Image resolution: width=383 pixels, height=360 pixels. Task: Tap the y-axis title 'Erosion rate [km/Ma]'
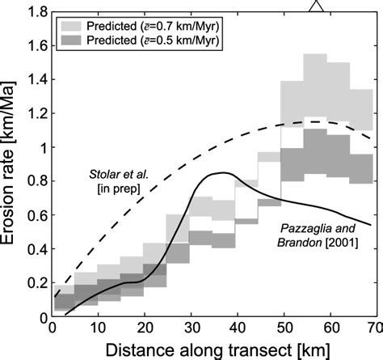[14, 162]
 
